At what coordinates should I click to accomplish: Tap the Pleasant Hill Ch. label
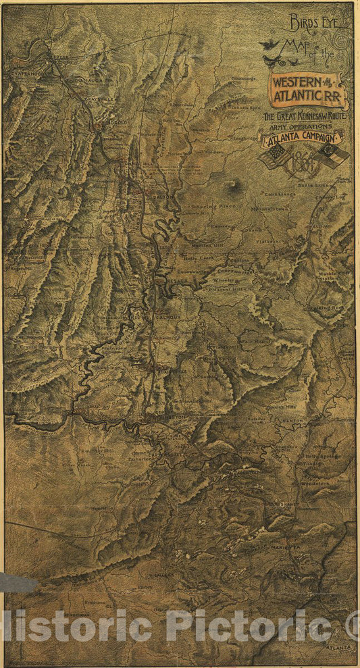(230, 286)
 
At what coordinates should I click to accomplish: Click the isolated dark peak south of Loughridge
(235, 184)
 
